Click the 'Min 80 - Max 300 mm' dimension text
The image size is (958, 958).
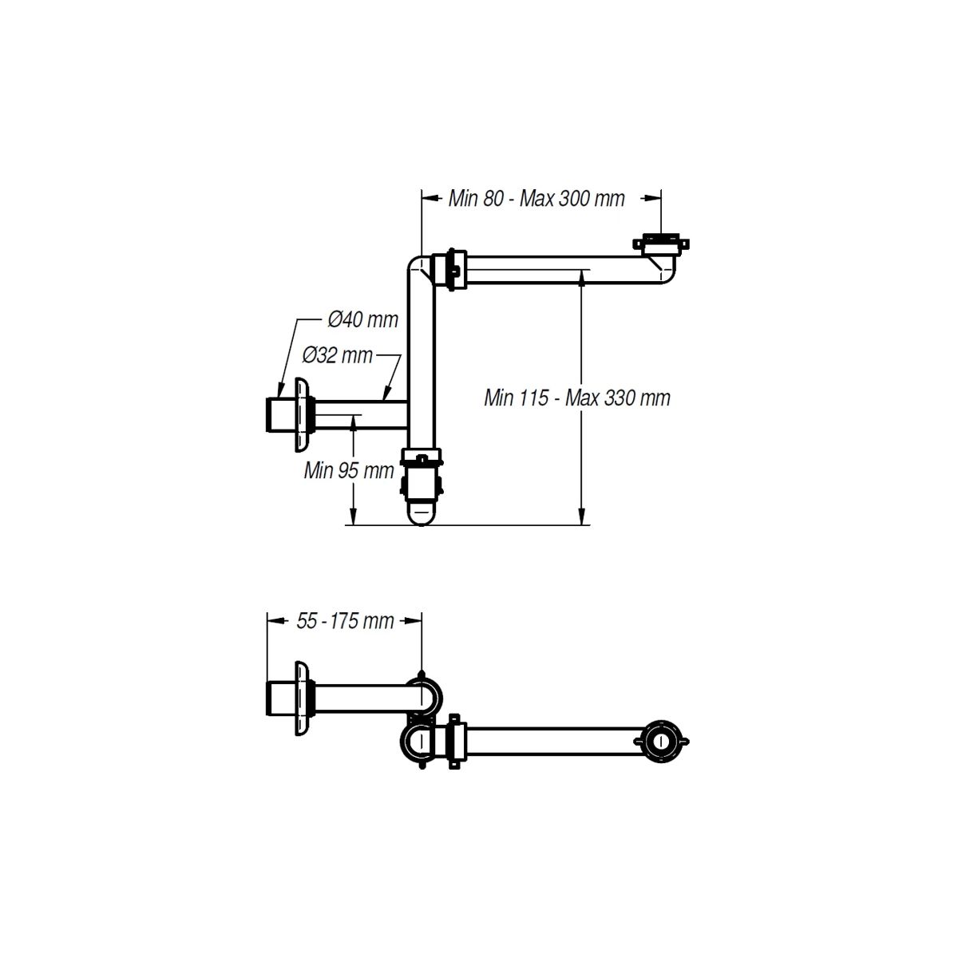coord(536,198)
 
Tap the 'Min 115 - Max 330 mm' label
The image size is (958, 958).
coord(577,398)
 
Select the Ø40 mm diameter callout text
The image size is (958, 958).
coord(363,319)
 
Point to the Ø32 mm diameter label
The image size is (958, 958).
coord(338,355)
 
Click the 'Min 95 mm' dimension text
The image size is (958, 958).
coord(349,470)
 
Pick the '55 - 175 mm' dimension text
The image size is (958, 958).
coord(345,621)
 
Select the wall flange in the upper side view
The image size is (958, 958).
coord(302,414)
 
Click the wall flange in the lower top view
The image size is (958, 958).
coord(302,699)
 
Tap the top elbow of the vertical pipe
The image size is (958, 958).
coord(418,266)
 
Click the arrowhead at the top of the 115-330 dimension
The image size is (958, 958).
coord(582,279)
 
